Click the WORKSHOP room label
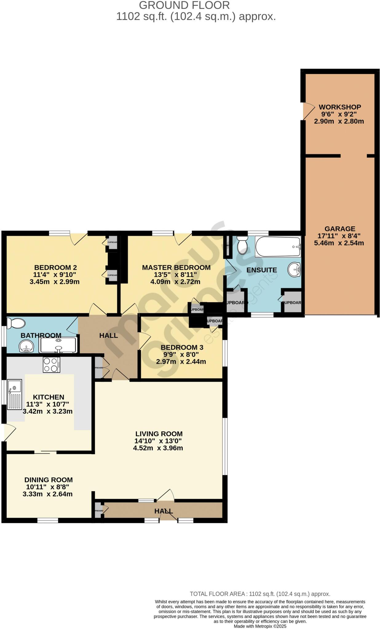click(x=339, y=107)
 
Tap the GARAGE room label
click(x=339, y=229)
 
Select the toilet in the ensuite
click(x=243, y=245)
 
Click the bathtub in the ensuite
click(x=277, y=247)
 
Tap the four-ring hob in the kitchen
click(x=51, y=365)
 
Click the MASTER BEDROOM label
click(x=176, y=268)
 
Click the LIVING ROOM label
click(x=159, y=434)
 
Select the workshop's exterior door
click(x=308, y=111)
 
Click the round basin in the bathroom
click(x=27, y=348)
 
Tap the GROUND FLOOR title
click(x=184, y=5)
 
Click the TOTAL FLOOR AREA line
click(x=260, y=594)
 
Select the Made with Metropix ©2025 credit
click(x=260, y=626)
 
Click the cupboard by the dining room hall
click(x=99, y=511)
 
